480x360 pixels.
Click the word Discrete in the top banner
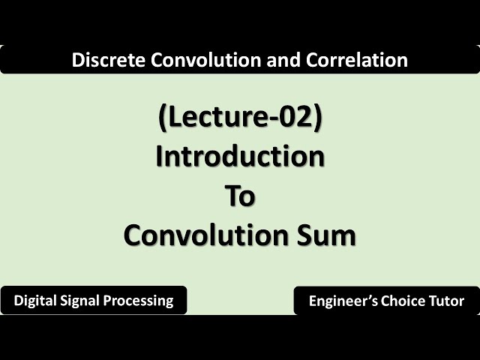[101, 61]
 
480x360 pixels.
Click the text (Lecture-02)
[240, 119]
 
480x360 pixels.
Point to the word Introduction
[240, 157]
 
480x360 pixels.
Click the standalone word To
[240, 196]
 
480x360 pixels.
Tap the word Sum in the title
[325, 235]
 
